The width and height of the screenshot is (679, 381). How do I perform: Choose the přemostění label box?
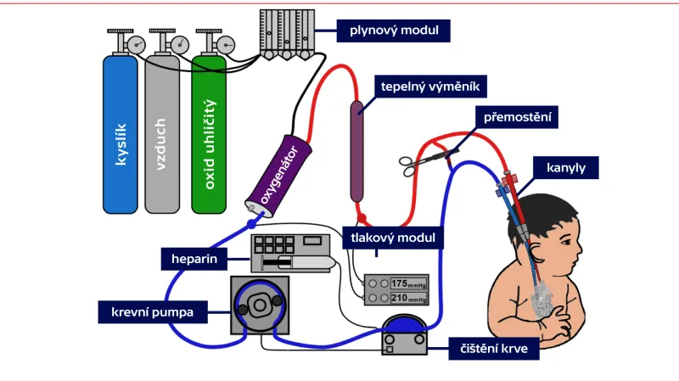[516, 117]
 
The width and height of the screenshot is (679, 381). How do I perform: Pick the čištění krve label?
[494, 348]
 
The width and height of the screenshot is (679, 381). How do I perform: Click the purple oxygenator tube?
[278, 176]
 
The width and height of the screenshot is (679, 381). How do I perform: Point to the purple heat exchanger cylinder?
[357, 148]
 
